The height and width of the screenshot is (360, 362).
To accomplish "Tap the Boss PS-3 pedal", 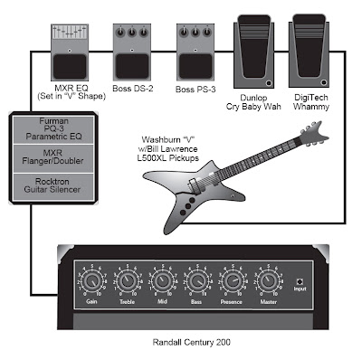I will click(190, 52).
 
